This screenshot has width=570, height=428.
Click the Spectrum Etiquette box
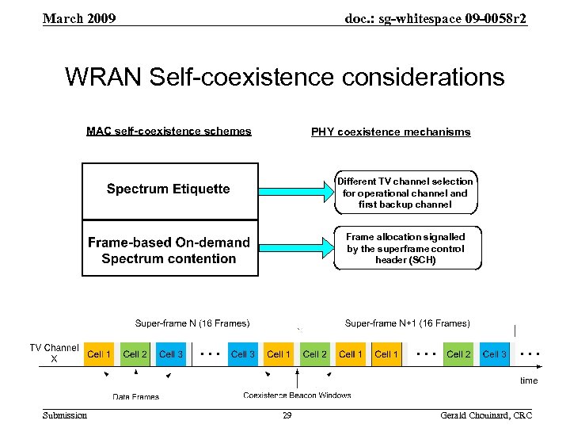point(169,190)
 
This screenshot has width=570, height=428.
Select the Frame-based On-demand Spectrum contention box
point(169,250)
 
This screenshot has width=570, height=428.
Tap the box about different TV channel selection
point(405,193)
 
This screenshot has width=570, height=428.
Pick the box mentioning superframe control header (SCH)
point(405,248)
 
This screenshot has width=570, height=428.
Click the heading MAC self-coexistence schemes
point(169,132)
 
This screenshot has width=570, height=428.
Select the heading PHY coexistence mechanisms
point(390,132)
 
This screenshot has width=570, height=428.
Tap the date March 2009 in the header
point(79,17)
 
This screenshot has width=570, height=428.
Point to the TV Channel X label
point(54,353)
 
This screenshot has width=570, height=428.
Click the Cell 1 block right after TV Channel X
point(100,354)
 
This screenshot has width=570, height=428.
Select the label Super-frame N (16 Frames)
point(192,323)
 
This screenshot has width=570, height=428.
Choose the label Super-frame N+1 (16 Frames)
point(407,323)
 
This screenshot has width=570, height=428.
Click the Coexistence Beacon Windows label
point(297,395)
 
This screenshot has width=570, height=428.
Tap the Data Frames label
point(135,397)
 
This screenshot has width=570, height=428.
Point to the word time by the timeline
point(529,381)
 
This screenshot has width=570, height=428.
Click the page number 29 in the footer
point(287,416)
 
